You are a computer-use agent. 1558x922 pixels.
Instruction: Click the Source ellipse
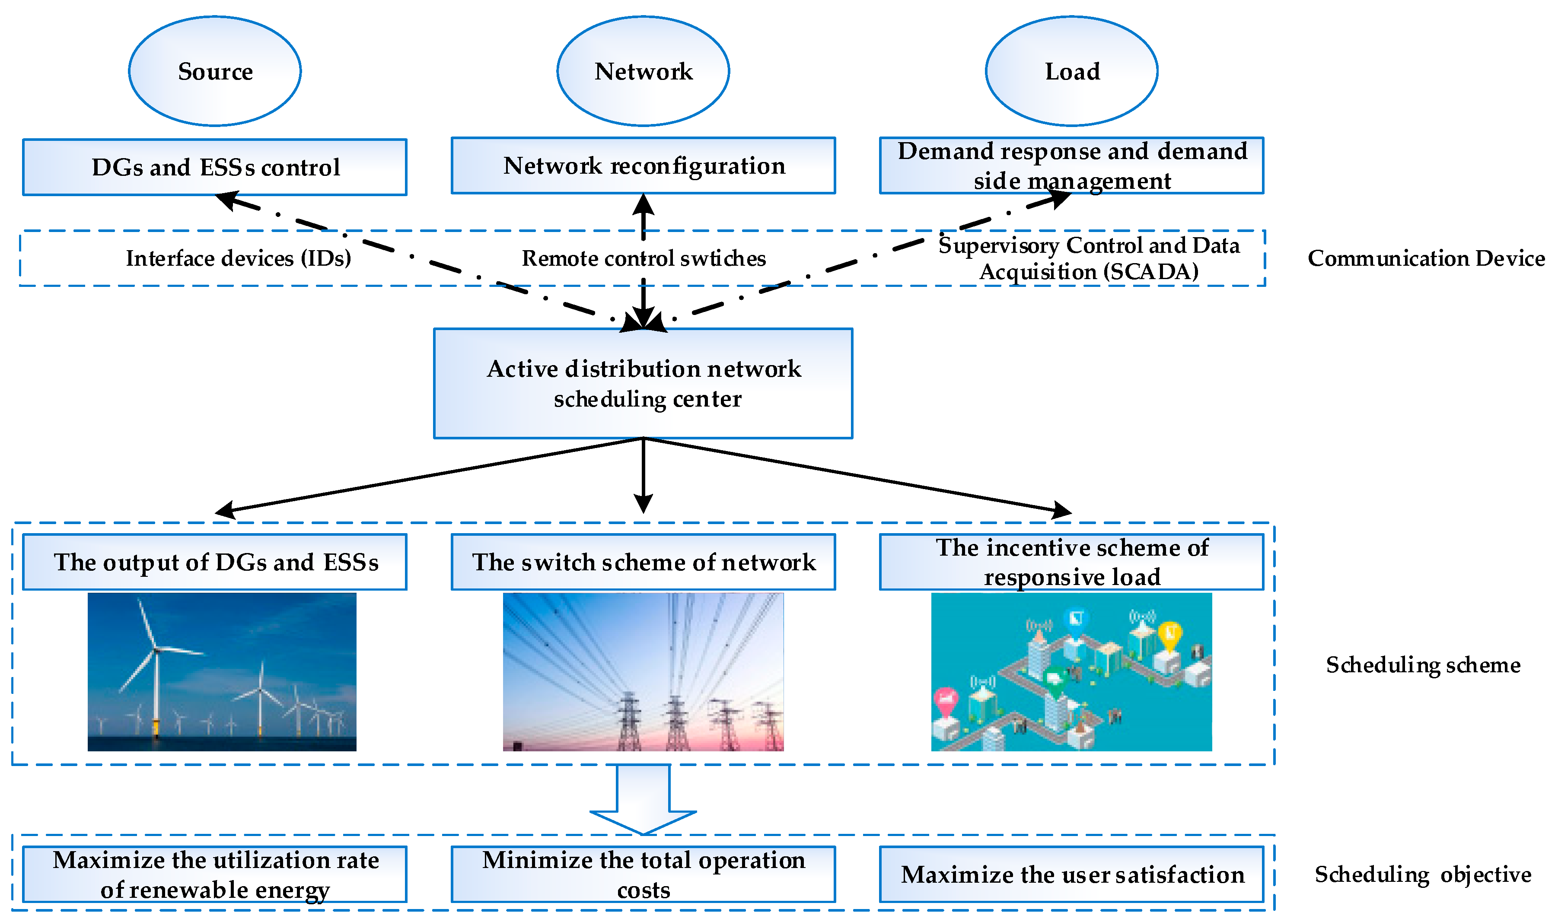(x=215, y=71)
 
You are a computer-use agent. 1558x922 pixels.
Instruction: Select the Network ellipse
(x=643, y=71)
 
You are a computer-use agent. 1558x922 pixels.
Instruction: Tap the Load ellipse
(x=1072, y=71)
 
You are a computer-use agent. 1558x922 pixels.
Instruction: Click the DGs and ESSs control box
(x=215, y=167)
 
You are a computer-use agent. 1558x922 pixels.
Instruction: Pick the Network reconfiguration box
(x=643, y=166)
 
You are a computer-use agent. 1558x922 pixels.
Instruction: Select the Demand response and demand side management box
(x=1072, y=166)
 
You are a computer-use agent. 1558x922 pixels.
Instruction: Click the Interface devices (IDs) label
(x=239, y=258)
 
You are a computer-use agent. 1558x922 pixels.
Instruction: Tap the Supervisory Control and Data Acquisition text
(x=1089, y=258)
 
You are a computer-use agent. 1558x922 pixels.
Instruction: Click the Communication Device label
(x=1426, y=258)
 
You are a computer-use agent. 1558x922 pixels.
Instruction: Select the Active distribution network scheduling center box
(x=643, y=383)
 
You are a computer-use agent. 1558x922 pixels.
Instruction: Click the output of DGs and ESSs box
(x=215, y=562)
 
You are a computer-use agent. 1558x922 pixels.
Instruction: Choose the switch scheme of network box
(x=643, y=562)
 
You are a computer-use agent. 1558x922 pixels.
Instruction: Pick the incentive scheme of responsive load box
(x=1072, y=562)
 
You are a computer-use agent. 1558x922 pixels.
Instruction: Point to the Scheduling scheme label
(x=1423, y=665)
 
